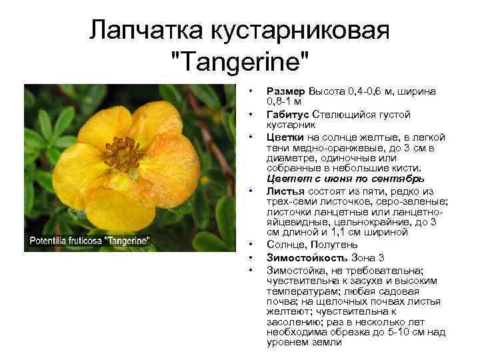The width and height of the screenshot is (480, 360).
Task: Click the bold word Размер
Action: click(287, 91)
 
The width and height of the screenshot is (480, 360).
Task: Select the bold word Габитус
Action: click(289, 115)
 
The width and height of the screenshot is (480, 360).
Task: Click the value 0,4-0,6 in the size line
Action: click(363, 91)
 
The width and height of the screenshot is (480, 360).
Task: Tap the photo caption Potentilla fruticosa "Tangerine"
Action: click(89, 240)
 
